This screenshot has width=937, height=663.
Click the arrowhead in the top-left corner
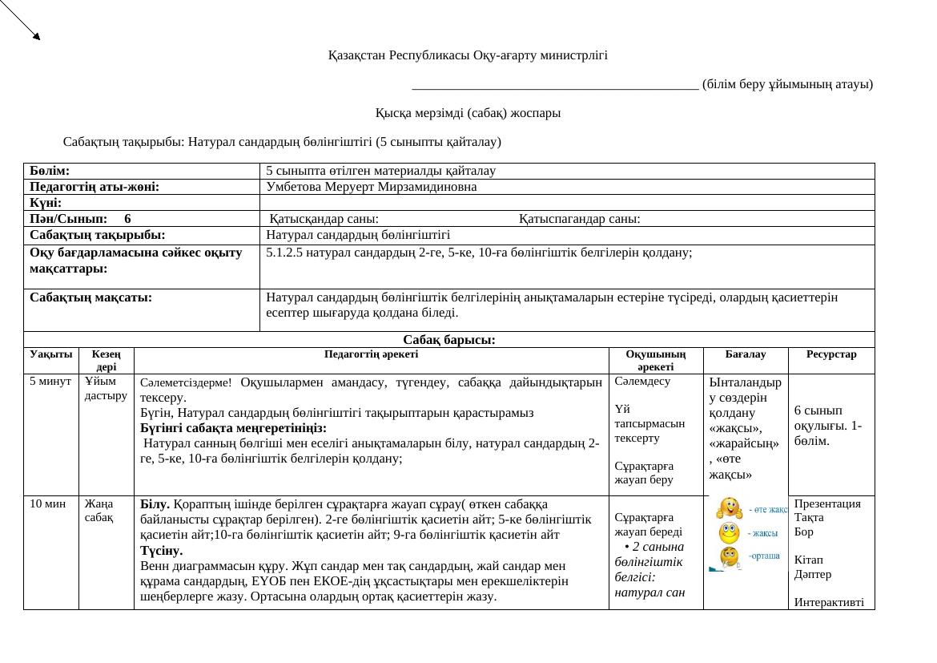tap(35, 34)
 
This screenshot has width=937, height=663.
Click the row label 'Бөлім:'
tap(50, 171)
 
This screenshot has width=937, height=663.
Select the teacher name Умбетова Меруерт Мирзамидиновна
tap(371, 187)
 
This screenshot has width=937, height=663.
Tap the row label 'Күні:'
tap(46, 203)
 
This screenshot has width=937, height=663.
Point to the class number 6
tap(128, 218)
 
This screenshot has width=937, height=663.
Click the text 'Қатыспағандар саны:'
tap(579, 218)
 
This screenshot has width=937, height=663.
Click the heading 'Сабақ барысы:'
tap(448, 340)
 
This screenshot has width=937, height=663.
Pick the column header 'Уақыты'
tap(51, 354)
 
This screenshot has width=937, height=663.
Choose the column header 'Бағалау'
tap(745, 354)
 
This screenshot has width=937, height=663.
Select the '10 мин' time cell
tap(46, 503)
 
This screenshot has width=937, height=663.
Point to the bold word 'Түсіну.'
tap(161, 551)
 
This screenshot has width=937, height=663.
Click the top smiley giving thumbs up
tap(729, 508)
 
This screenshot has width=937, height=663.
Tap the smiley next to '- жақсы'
tap(729, 532)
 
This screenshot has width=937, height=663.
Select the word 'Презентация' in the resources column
tap(827, 503)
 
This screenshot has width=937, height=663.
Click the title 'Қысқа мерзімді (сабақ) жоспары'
tap(468, 113)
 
